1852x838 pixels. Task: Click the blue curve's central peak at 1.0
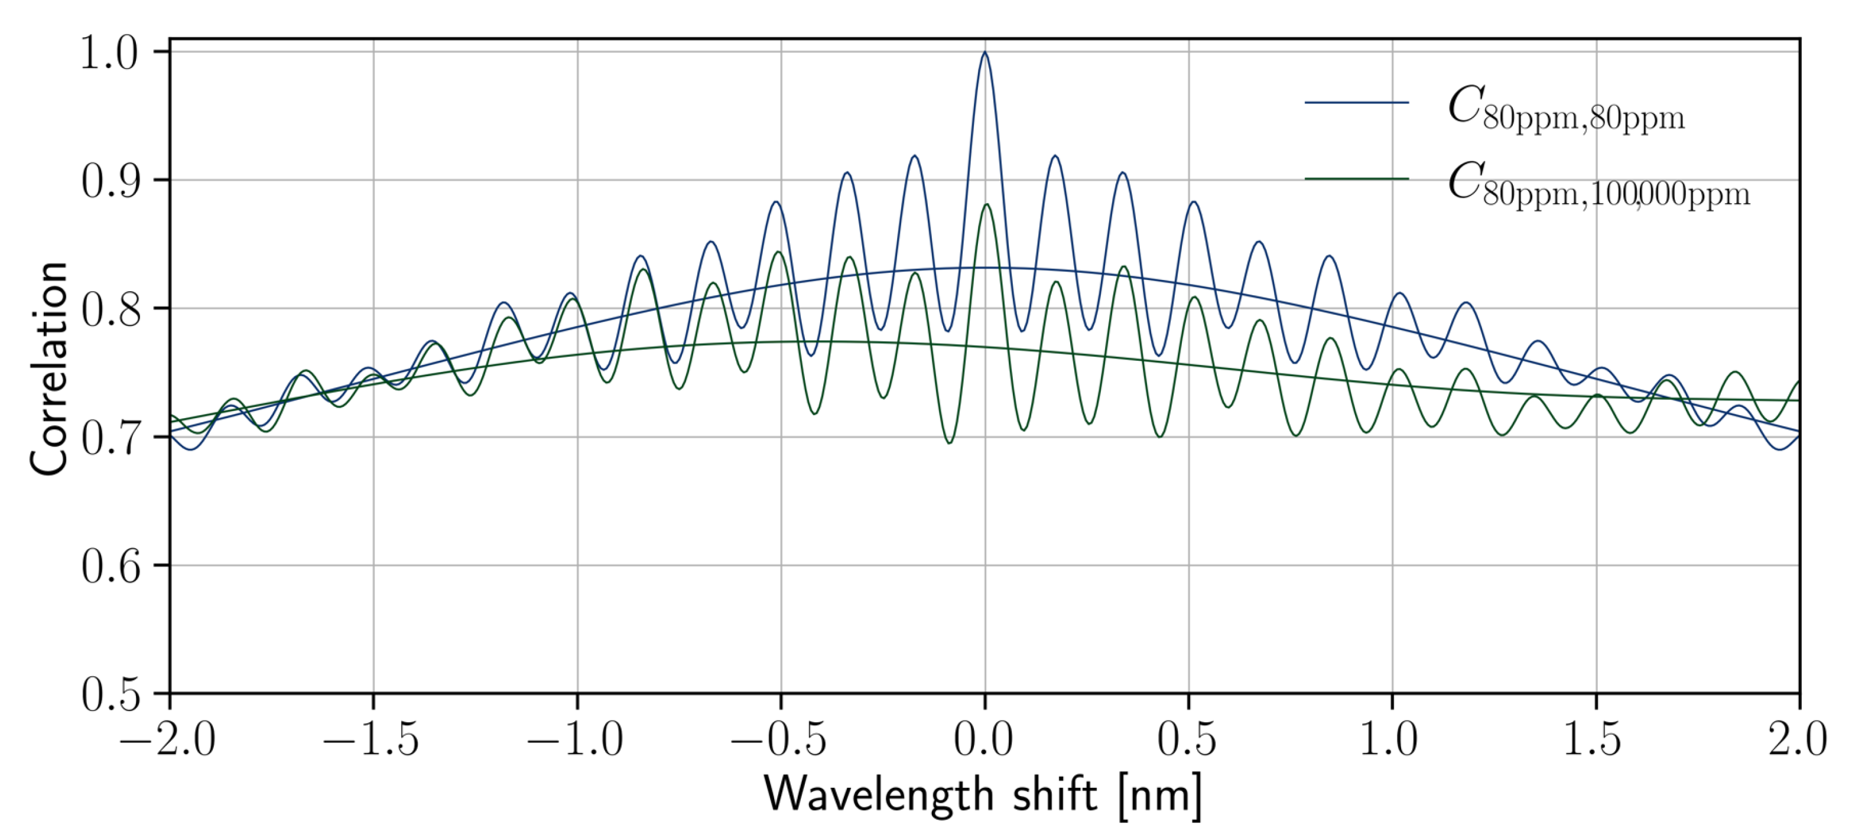(985, 53)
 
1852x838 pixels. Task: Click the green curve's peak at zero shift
(986, 205)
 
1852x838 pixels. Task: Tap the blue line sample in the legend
(1356, 103)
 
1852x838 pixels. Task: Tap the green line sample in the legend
(1356, 178)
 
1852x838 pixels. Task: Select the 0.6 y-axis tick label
(109, 566)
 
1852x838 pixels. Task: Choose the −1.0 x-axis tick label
(576, 739)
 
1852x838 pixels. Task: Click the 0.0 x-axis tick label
(985, 739)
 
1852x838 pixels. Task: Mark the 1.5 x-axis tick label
(1594, 739)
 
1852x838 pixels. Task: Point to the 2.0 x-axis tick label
(1798, 739)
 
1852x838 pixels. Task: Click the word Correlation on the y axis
(49, 368)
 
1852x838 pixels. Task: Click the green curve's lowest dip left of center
(949, 442)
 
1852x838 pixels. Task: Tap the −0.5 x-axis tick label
(779, 739)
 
